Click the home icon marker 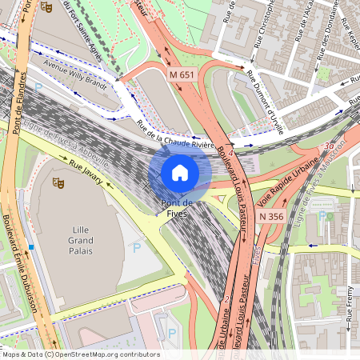(180, 172)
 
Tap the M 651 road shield (182, 74)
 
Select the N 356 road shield (272, 216)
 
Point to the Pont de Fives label (175, 208)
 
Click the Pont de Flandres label (23, 56)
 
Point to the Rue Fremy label (350, 307)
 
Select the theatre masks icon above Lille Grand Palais (58, 182)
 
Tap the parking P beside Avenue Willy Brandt (38, 88)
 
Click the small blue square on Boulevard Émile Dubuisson (30, 246)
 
